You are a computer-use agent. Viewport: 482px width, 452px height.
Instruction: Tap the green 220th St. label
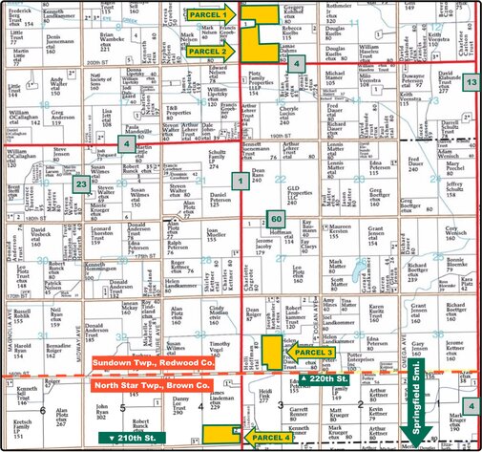(x=326, y=379)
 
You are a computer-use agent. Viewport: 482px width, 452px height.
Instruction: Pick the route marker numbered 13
(x=471, y=84)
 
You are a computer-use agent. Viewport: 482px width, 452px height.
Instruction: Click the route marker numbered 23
(x=82, y=185)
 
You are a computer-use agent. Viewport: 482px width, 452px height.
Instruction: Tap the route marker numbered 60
(x=275, y=218)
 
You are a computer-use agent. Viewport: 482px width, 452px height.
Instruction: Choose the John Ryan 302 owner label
(x=99, y=413)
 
